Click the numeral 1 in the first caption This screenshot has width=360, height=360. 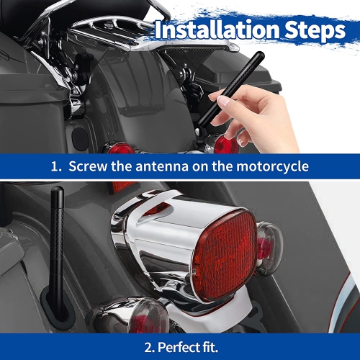point(55,167)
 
